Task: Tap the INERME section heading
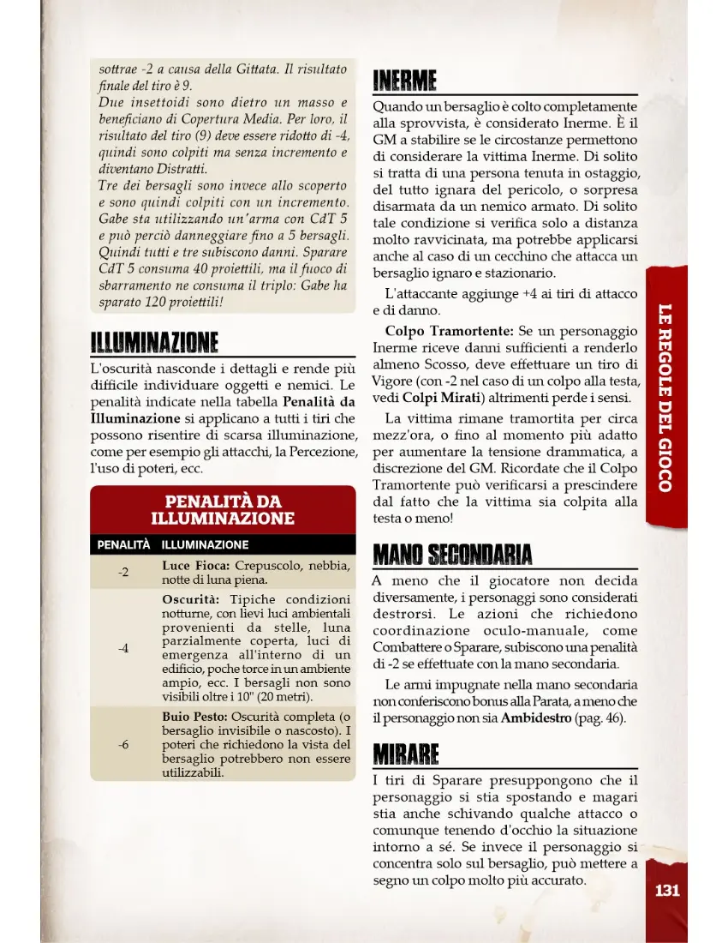405,82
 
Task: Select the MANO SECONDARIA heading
452,555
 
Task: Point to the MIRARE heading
406,755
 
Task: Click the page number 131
667,890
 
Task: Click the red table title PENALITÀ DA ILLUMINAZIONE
223,510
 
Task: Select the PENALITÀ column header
123,544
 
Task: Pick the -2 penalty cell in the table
123,572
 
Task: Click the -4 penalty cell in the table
123,648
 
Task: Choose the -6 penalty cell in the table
123,744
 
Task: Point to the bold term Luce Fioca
195,566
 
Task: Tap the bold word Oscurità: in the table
191,598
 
